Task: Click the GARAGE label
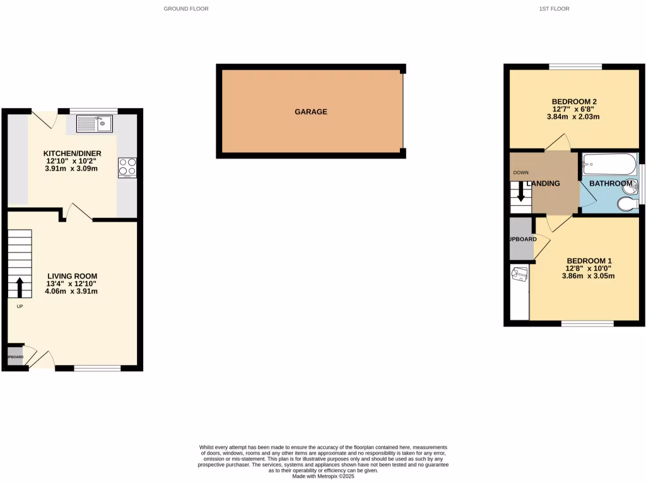click(x=311, y=112)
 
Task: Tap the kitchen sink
click(x=94, y=124)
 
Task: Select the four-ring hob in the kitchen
click(x=126, y=166)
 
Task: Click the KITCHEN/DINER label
click(x=72, y=153)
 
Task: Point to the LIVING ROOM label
click(x=73, y=276)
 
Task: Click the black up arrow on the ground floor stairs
click(x=20, y=287)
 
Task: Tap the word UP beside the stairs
click(x=20, y=306)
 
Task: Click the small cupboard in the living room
click(x=15, y=357)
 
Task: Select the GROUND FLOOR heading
click(x=186, y=9)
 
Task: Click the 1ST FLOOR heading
click(x=555, y=9)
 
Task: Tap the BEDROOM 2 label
click(x=574, y=102)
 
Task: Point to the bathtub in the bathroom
click(x=609, y=164)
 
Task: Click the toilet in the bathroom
click(x=626, y=205)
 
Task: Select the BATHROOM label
click(x=611, y=184)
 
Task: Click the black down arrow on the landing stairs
click(x=521, y=191)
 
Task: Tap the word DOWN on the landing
click(x=521, y=172)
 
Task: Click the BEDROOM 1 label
click(x=589, y=261)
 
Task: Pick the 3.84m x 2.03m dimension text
click(x=574, y=117)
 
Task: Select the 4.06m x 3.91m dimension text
click(x=73, y=291)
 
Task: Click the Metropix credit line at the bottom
click(x=323, y=476)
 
